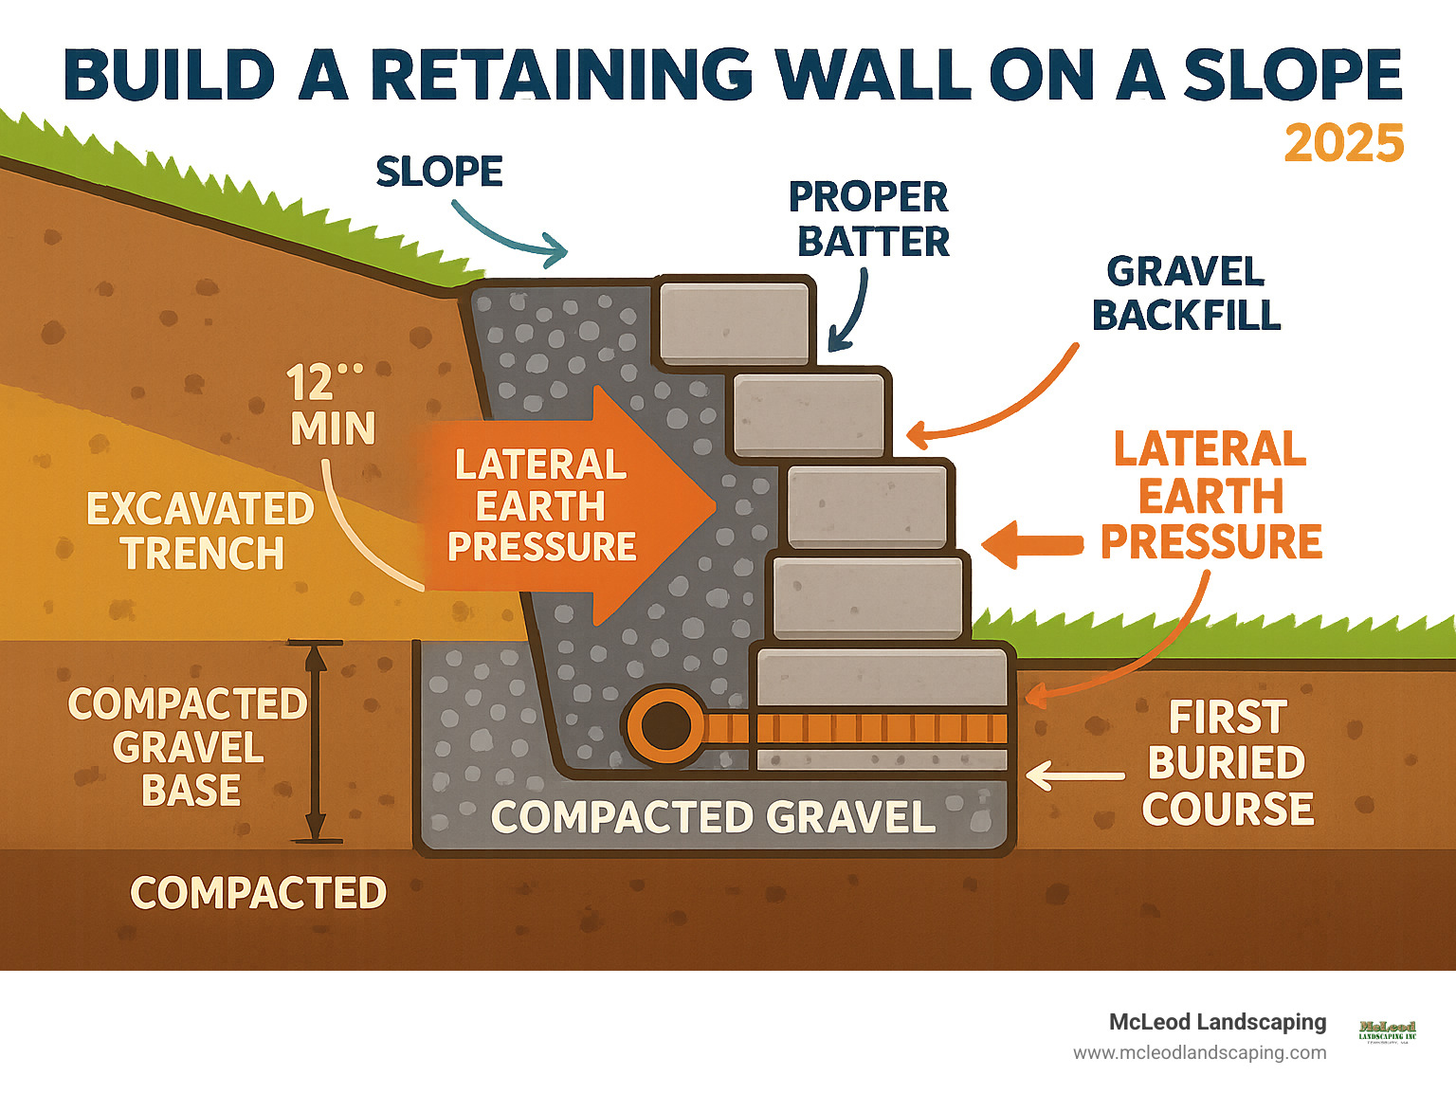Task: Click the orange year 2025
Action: point(1343,143)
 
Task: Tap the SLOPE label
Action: point(439,172)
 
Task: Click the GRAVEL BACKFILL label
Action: point(1186,293)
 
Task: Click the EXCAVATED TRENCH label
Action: point(200,531)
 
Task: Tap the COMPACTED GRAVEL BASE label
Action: point(187,747)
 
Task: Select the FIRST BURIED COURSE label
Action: point(1228,763)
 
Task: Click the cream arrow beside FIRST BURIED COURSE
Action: point(1074,775)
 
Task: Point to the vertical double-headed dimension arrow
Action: point(316,742)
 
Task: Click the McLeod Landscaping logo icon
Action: point(1387,1031)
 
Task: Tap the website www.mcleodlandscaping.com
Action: point(1199,1052)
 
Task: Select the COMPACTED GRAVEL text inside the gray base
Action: point(713,817)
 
